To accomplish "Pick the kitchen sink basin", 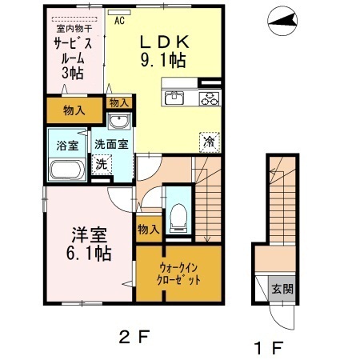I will click(175, 98).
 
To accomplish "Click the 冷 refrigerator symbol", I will click(206, 141).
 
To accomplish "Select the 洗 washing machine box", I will click(101, 163).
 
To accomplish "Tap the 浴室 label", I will click(66, 146).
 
